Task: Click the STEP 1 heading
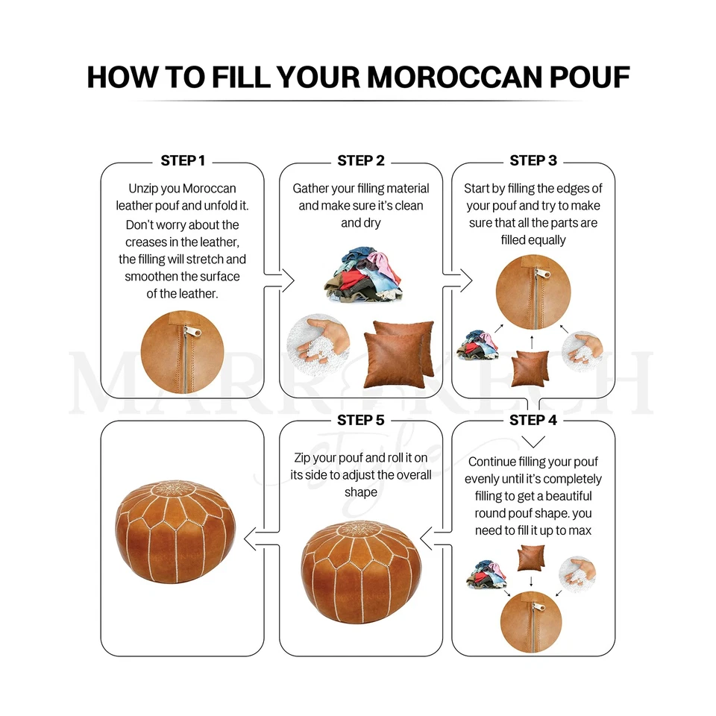coord(183,160)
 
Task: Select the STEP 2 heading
coord(361,160)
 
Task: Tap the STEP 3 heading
coord(533,160)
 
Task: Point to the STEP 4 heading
coord(533,420)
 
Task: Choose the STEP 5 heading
coord(361,420)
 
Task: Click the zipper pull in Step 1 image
coord(189,330)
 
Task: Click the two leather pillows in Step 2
coord(400,348)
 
